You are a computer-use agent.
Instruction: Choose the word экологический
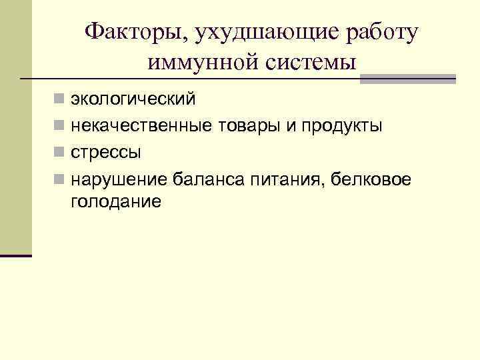point(133,100)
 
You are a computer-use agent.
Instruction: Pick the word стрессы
point(106,153)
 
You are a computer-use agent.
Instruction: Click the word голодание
point(115,201)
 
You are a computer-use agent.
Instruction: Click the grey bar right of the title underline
point(407,79)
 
